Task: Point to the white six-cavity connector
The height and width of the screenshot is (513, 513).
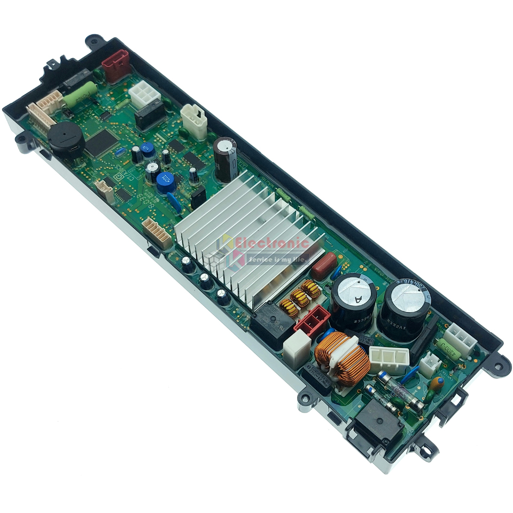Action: (x=144, y=95)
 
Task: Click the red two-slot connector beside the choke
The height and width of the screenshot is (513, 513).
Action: (x=312, y=321)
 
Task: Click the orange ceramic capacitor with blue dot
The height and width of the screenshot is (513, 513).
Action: (x=437, y=383)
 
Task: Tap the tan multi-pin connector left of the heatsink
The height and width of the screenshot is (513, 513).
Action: (x=157, y=234)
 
